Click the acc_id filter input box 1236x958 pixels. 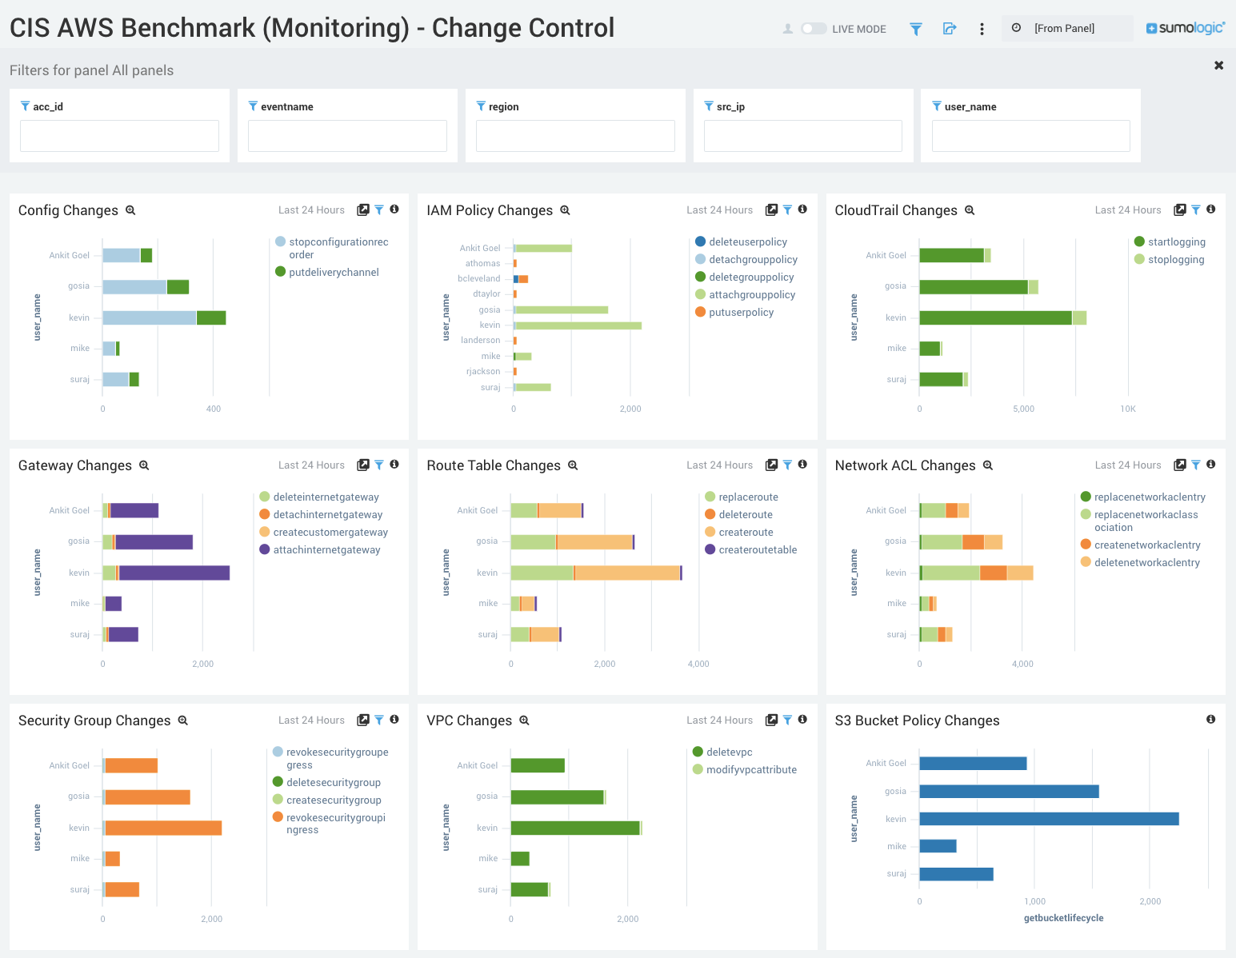[119, 136]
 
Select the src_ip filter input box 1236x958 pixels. [802, 136]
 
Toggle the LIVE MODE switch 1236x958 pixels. [814, 29]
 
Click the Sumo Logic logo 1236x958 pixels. [1185, 28]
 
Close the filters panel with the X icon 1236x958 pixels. [1218, 66]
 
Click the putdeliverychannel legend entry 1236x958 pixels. [334, 272]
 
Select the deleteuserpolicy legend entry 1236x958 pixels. [747, 241]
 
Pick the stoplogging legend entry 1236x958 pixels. [1175, 259]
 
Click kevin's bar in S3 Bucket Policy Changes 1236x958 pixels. [1048, 819]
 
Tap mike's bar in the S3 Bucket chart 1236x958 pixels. [938, 846]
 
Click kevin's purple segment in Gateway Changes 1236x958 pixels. [174, 573]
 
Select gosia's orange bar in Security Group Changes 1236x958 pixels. [148, 797]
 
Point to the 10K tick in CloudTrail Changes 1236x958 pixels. [1127, 409]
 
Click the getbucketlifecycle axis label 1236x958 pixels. [1063, 918]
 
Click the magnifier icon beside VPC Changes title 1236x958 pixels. [524, 720]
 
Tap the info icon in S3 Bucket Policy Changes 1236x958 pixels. [1210, 720]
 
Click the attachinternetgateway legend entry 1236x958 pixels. [326, 549]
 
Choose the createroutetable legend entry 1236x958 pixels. [757, 549]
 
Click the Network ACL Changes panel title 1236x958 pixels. [905, 465]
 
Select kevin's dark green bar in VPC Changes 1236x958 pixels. [574, 828]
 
